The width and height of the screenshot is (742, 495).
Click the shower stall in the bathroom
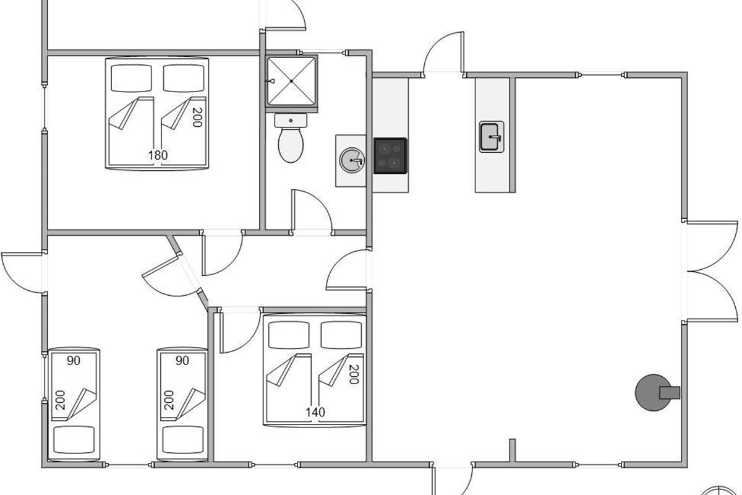coord(291,82)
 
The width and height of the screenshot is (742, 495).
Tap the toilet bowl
coord(291,145)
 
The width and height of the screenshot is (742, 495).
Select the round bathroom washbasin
coord(352,160)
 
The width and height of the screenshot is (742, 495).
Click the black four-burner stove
coord(391,156)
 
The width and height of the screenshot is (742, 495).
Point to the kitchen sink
coord(492,137)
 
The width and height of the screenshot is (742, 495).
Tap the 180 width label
coord(158,155)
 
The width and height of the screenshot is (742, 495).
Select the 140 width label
coord(315,413)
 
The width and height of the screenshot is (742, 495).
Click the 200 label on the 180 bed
coord(197,118)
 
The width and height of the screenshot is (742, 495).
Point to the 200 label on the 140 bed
coord(354,374)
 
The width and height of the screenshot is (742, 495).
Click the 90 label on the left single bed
coord(74,361)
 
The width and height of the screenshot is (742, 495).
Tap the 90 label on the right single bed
coord(182,361)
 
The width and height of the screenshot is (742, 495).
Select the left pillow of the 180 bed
coord(132,78)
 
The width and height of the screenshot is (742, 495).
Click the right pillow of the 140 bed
coord(341,335)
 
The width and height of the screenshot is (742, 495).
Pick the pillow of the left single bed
coord(74,440)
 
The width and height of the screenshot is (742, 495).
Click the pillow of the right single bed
coord(182,440)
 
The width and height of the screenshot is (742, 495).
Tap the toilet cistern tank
coord(291,121)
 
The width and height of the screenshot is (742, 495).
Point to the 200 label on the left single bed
coord(61,400)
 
